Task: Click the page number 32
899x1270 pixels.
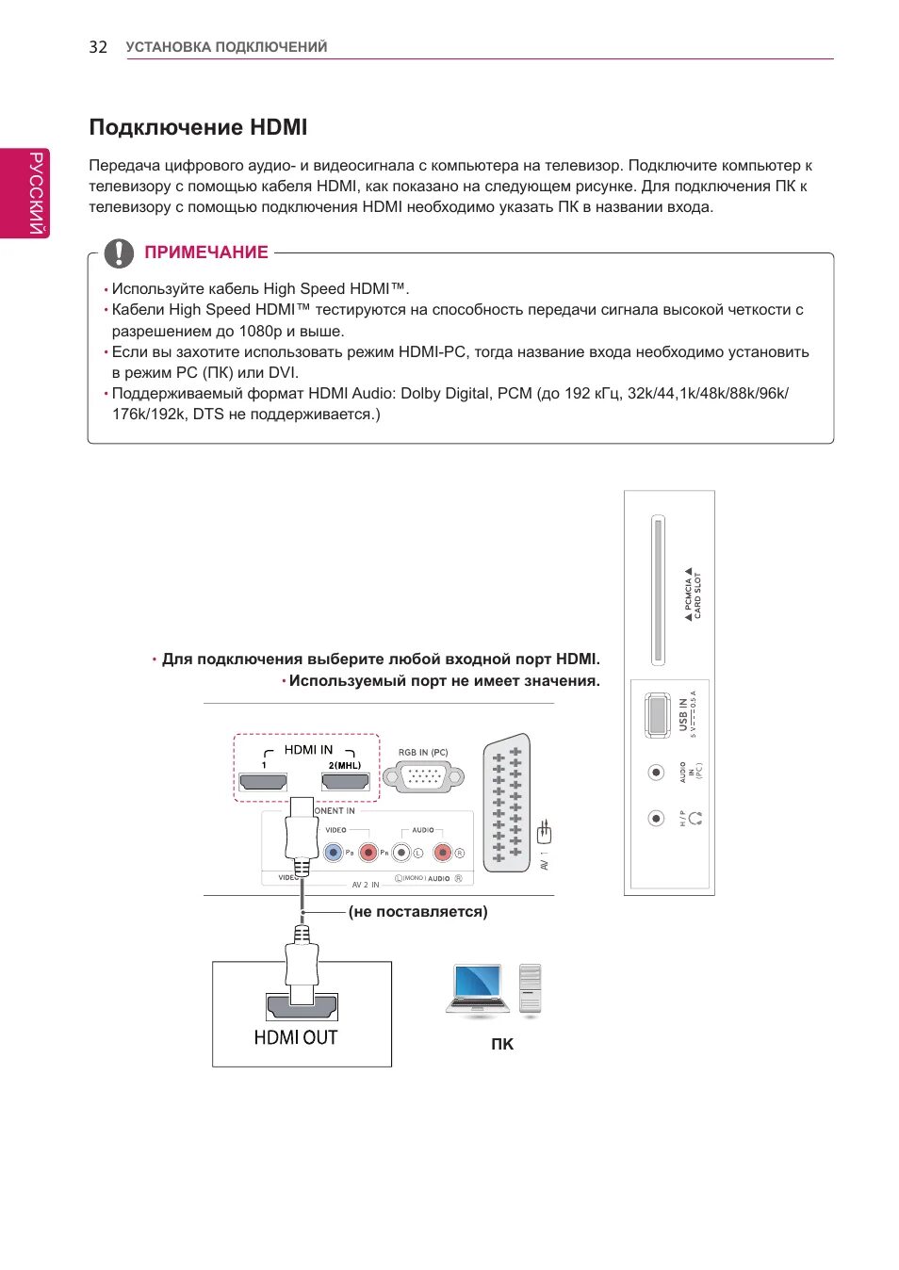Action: coord(98,47)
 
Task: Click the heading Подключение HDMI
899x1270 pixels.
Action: coord(198,127)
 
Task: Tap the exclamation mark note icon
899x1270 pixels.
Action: coord(119,252)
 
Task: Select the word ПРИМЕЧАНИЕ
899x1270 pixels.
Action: coord(206,252)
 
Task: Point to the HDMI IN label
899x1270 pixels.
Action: coord(308,750)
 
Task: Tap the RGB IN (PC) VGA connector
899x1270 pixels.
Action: coord(423,777)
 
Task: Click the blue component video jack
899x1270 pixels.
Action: coord(333,853)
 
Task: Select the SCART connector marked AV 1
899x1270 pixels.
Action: coord(507,804)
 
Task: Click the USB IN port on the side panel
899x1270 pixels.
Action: coord(657,715)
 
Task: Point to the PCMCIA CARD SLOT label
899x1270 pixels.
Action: coord(694,594)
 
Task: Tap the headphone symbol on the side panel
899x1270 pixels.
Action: coord(696,819)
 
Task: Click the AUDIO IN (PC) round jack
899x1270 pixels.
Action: coord(657,773)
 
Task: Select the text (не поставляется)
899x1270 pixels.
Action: coord(418,912)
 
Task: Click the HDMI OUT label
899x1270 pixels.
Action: coord(296,1037)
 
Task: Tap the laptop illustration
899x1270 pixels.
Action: coord(479,989)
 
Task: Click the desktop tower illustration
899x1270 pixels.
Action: coord(531,989)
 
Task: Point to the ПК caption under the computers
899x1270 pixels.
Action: coord(502,1044)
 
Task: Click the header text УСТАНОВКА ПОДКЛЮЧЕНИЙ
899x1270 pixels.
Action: coord(226,47)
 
